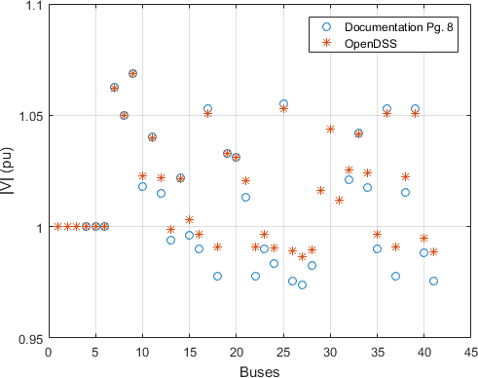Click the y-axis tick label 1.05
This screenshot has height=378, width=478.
coord(31,116)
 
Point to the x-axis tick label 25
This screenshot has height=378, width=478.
coord(283,352)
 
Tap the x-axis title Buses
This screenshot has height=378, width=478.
coord(260,372)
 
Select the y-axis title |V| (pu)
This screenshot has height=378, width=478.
coord(7,170)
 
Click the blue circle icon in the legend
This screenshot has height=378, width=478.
coord(326,27)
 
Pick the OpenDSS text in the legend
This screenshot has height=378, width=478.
coord(371,44)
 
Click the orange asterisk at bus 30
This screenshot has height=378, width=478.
coord(330,130)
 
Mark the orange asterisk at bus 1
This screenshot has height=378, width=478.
coord(57,226)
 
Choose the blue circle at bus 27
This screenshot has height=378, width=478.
coord(302,285)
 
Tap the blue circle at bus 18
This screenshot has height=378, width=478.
coord(217,277)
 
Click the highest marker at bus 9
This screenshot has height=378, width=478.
coord(132,74)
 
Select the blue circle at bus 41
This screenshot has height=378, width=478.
coord(433,282)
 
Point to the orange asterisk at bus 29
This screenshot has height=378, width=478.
coord(321,191)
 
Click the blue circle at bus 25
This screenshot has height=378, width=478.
coord(283,104)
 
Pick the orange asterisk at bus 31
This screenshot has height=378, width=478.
coord(340,201)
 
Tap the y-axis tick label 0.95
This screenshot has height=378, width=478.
coord(31,340)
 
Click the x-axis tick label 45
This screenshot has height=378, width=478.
coord(471,352)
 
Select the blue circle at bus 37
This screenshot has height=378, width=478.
coord(395,277)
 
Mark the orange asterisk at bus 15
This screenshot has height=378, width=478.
coord(189,220)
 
